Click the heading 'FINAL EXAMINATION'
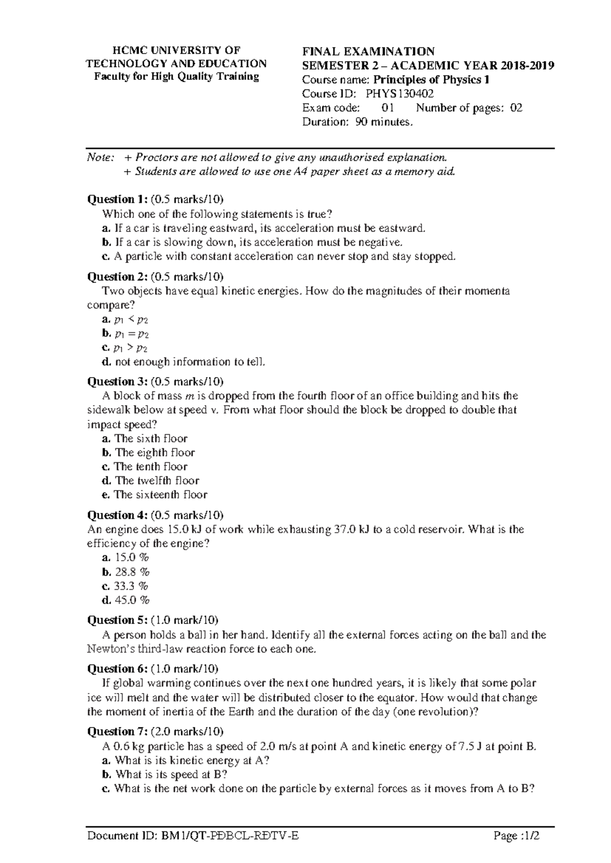[368, 51]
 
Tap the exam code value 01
[387, 108]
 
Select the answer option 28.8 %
[132, 572]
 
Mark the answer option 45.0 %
[132, 600]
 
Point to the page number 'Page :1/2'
[515, 836]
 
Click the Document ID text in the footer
[193, 836]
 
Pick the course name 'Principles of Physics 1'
[431, 80]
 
